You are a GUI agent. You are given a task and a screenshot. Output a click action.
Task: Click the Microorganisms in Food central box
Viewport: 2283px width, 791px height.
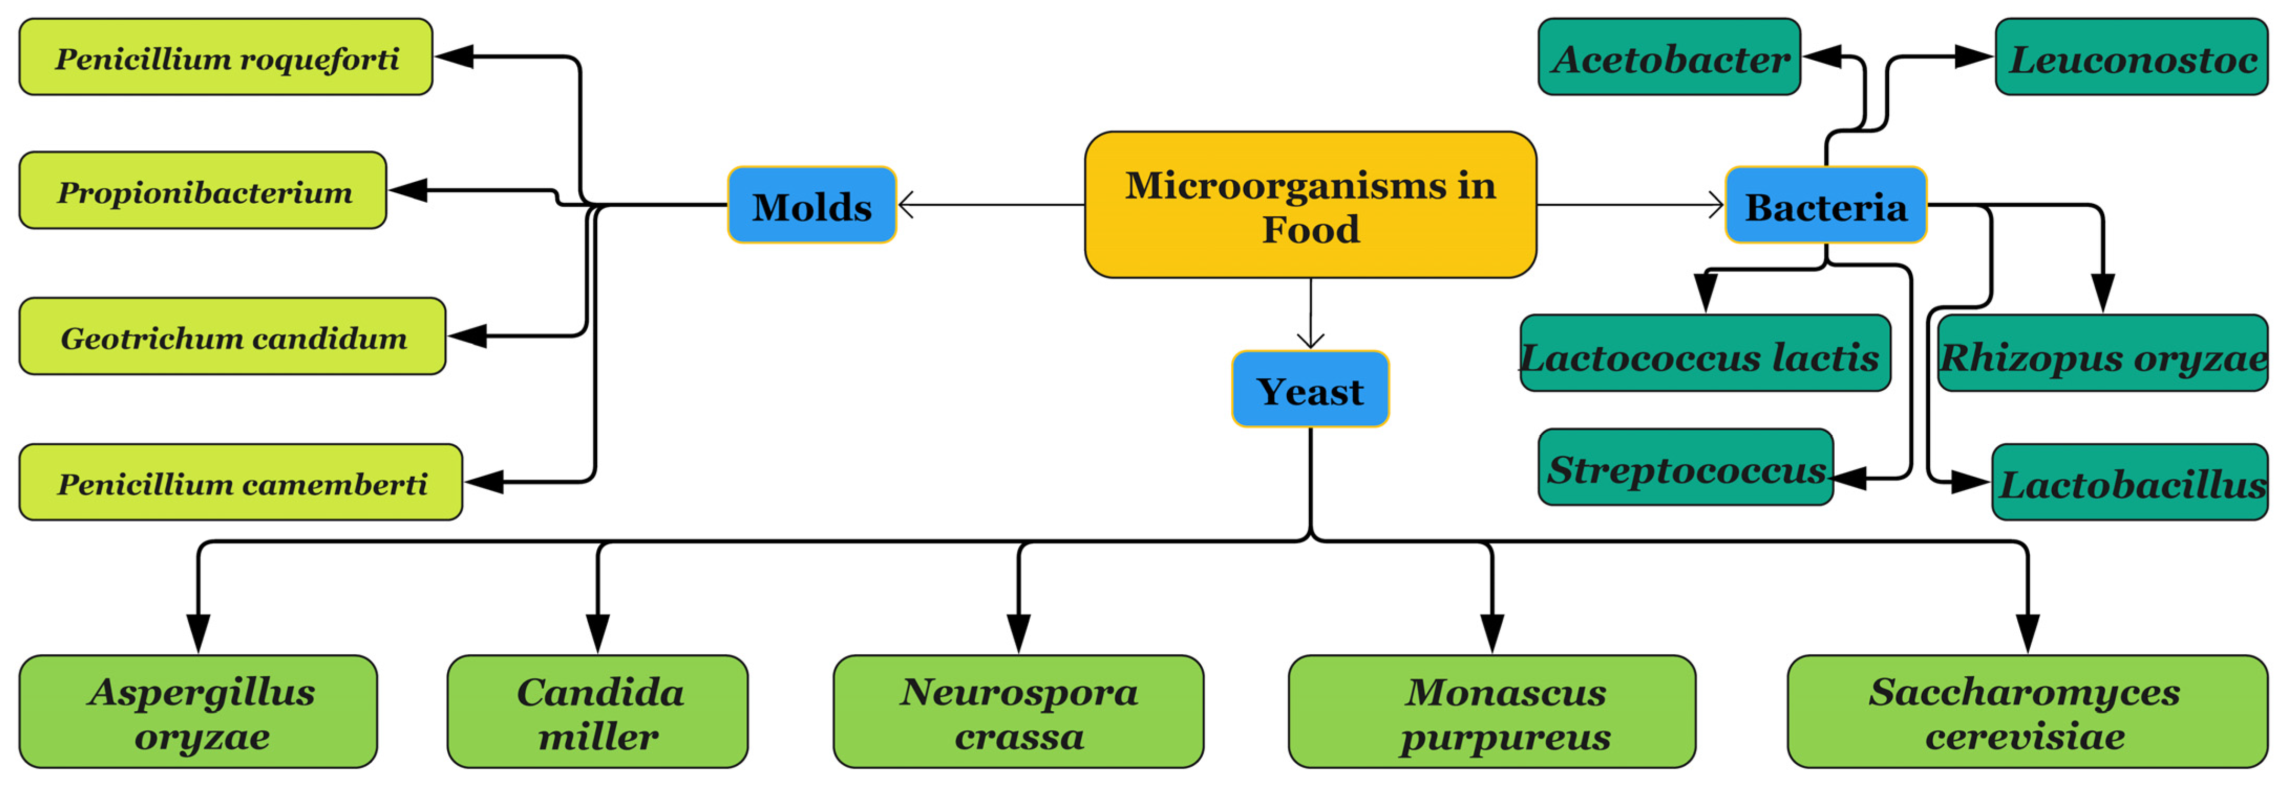1310,205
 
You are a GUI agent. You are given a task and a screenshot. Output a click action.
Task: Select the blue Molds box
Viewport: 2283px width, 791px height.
811,205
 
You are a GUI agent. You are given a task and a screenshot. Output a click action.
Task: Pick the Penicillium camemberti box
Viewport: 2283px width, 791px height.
241,483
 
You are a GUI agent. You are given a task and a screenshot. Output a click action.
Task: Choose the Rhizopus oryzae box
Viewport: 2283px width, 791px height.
2102,354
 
